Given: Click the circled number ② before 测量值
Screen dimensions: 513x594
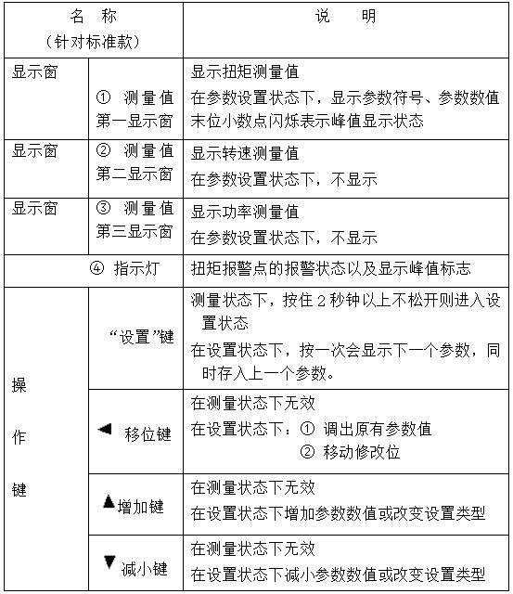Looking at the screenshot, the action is click(x=103, y=151).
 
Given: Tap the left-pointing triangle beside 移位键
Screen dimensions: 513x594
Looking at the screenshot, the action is click(x=104, y=429).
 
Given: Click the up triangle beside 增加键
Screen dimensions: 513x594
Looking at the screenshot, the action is click(x=109, y=503).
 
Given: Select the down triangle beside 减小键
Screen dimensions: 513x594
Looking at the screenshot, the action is click(x=109, y=562).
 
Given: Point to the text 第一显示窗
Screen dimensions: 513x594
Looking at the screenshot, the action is click(x=135, y=120).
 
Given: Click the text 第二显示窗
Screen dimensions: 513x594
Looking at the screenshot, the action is click(x=135, y=174).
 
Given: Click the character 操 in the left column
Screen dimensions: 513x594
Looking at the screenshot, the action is click(x=19, y=386).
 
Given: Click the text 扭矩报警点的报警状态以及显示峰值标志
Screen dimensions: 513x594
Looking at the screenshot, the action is click(x=331, y=269).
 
